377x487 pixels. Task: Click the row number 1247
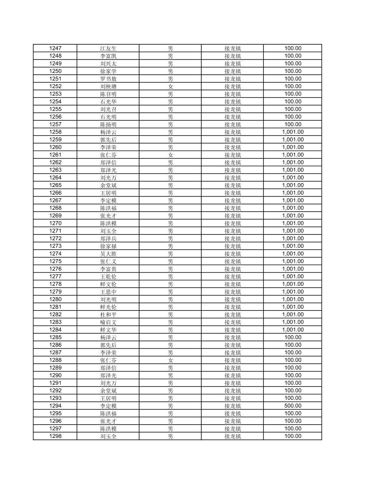(55, 48)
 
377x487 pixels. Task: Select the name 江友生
(108, 48)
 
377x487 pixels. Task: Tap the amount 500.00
(293, 406)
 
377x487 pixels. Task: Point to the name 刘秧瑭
(108, 87)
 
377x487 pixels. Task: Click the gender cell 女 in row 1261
(170, 155)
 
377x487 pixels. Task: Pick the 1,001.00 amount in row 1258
(293, 132)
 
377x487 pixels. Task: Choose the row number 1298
(55, 436)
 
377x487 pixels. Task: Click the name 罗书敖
(108, 79)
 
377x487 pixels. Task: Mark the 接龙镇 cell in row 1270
(232, 224)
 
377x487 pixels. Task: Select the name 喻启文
(108, 322)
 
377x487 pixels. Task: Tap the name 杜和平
(108, 315)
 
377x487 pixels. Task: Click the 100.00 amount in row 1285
(293, 337)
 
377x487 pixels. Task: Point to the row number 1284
(55, 330)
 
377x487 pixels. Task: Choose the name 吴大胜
(108, 254)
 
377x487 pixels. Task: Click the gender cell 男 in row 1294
(170, 406)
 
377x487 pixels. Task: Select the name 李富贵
(108, 269)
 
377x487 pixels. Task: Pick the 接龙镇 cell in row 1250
(232, 71)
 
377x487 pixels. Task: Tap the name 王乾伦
(108, 277)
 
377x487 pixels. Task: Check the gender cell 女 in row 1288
(170, 360)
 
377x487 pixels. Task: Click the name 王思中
(108, 292)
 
